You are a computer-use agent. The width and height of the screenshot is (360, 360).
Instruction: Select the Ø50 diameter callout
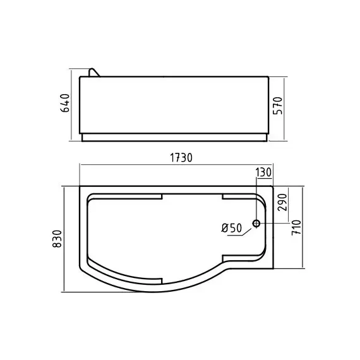coord(232,228)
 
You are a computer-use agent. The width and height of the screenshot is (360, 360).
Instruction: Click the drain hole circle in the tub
coord(257,223)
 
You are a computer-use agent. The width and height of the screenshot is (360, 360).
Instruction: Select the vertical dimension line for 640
coord(71,105)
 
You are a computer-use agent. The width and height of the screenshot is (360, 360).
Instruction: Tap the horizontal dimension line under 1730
coord(177,166)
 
